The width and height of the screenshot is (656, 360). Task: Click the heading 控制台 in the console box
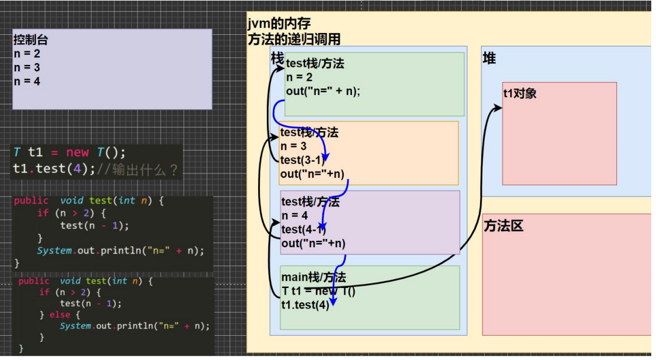coord(31,41)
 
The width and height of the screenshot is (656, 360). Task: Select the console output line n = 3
coord(27,68)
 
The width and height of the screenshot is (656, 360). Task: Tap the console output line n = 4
coord(27,81)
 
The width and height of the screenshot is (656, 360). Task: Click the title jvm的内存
coord(279,24)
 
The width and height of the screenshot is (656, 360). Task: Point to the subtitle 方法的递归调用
coord(294,40)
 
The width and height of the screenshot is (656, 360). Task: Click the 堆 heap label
coord(489,58)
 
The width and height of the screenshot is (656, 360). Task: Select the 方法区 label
coord(504,226)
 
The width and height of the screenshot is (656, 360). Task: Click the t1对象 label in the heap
coord(520,93)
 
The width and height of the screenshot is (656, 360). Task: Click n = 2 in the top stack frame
coord(299,77)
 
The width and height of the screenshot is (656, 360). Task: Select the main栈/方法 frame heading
coord(314,277)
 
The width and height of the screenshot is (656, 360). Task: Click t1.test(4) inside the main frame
coord(305,305)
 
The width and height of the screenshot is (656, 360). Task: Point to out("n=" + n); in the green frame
coord(323,91)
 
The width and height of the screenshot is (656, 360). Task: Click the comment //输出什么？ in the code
coord(138,169)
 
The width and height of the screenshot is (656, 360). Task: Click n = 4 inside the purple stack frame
coord(295,216)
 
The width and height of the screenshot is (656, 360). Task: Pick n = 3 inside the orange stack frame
coord(293,146)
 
